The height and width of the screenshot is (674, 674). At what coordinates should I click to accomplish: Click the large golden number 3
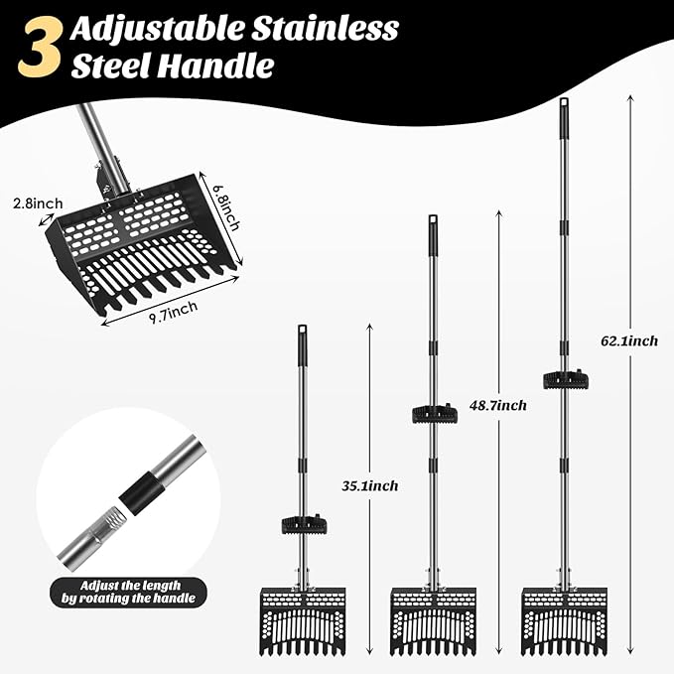tap(40, 47)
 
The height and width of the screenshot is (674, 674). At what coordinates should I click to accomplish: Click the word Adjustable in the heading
tap(157, 30)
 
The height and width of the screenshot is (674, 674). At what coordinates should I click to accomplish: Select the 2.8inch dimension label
tap(38, 202)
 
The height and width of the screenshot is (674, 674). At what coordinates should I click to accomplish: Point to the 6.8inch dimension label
tap(226, 207)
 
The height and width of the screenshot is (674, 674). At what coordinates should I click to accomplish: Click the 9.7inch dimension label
tap(174, 312)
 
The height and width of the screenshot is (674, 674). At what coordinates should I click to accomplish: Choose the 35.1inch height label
tap(370, 486)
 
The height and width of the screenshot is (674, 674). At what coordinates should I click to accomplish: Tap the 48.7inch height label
tap(497, 405)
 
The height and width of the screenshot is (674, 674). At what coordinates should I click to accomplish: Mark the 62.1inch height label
tap(629, 341)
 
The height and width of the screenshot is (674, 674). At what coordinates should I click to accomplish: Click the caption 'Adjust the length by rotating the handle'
tap(128, 592)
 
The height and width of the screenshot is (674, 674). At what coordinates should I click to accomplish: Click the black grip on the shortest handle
tap(302, 345)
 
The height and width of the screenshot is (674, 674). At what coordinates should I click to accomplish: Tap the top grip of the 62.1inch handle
tap(564, 113)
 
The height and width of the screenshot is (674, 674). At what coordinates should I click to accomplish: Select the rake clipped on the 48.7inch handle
tap(435, 414)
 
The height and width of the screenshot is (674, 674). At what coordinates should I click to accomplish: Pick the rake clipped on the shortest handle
tap(304, 524)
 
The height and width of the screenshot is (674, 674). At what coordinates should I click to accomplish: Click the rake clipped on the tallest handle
tap(566, 380)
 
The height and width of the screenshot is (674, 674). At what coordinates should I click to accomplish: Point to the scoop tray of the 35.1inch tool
tap(303, 621)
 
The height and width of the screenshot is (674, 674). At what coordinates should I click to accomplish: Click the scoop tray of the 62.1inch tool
tap(565, 621)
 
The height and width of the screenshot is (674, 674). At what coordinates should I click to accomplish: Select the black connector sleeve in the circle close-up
tap(143, 492)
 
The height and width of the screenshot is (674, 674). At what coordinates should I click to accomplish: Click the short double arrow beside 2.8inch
tap(47, 219)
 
